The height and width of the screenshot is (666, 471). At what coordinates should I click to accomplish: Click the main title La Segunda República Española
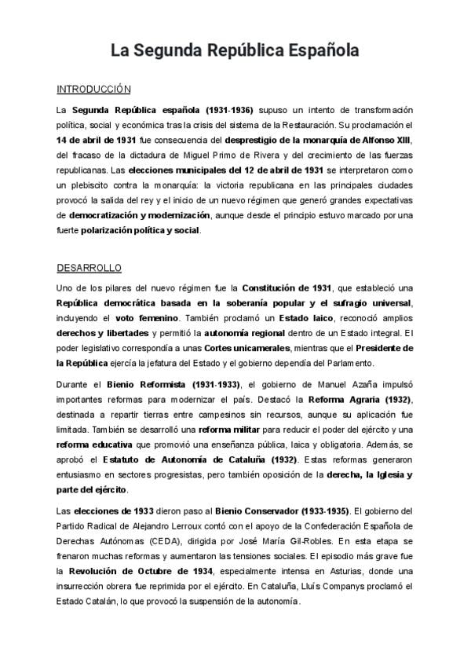coord(235,52)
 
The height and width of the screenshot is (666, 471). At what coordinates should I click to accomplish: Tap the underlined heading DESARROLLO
coord(89,268)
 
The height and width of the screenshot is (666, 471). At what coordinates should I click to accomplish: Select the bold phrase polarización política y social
coord(146,231)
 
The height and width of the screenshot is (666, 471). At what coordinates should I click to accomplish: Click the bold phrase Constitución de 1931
coord(287,288)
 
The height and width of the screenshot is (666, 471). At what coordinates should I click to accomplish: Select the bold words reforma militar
coord(235,430)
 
